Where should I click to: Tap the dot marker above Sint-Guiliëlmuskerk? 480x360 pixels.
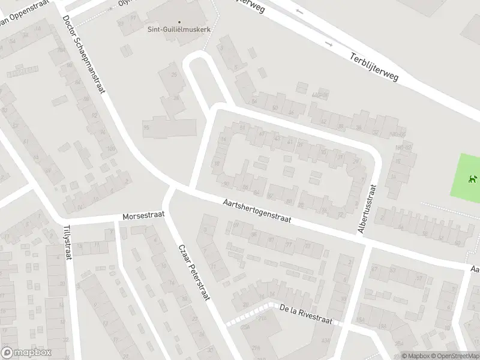click(x=179, y=7)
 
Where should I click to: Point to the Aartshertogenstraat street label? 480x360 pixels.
click(x=256, y=212)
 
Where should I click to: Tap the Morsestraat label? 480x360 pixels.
click(x=143, y=216)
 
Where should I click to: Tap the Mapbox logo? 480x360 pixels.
click(x=26, y=353)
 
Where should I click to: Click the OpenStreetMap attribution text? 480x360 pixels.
click(x=455, y=356)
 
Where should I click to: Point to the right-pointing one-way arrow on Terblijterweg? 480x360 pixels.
click(x=329, y=44)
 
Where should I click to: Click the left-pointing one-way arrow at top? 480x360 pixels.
click(x=299, y=11)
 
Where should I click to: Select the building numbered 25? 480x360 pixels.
click(x=175, y=74)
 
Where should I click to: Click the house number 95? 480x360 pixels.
click(x=146, y=127)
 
